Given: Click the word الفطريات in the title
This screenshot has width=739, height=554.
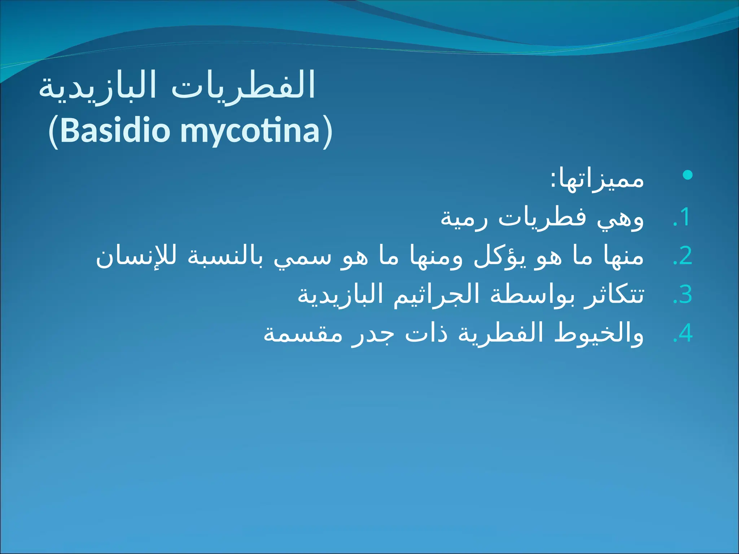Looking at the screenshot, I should click(x=244, y=87).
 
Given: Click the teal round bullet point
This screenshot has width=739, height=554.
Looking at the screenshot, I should click(x=688, y=175).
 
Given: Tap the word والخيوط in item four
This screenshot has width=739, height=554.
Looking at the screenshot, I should click(x=599, y=334).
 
